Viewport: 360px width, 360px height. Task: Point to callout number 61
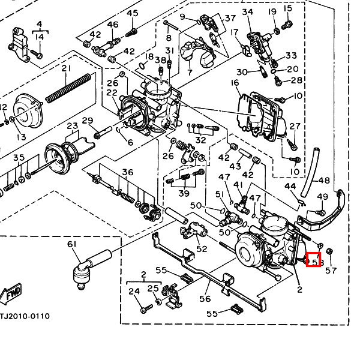point(72,244)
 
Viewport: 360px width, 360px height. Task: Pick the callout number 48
point(324,180)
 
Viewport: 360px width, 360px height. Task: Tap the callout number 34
point(247,12)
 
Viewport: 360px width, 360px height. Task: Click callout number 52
point(202,248)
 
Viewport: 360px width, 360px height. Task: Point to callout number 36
point(127,173)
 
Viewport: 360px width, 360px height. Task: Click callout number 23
point(73,126)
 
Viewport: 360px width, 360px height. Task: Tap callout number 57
point(331,270)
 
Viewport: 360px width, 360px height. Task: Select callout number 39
point(184,193)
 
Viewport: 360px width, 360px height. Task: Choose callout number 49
point(322,197)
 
